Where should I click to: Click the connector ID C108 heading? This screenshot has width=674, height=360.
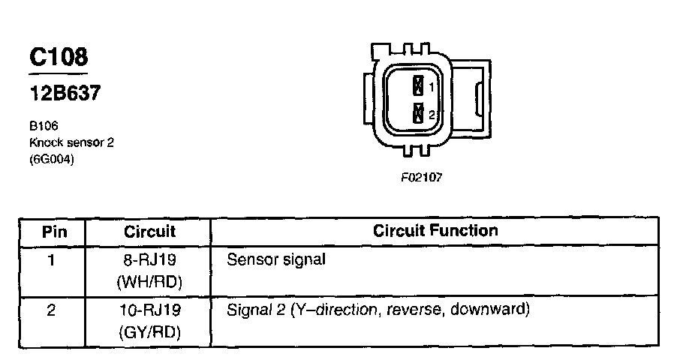59,57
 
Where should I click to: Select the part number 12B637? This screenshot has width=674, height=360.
64,94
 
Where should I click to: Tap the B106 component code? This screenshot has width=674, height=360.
44,127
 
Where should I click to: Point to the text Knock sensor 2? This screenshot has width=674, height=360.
71,142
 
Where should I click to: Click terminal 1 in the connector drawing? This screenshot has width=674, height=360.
419,85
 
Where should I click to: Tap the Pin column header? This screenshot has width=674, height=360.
53,232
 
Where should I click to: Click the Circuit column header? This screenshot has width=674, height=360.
149,232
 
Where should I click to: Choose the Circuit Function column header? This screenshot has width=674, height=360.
435,231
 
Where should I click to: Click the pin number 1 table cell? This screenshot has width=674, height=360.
52,261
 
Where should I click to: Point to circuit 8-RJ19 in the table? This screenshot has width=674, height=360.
149,261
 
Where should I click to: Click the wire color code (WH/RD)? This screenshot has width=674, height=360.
149,282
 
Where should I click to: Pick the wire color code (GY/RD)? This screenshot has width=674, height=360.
149,331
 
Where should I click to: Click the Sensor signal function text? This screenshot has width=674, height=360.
276,261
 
